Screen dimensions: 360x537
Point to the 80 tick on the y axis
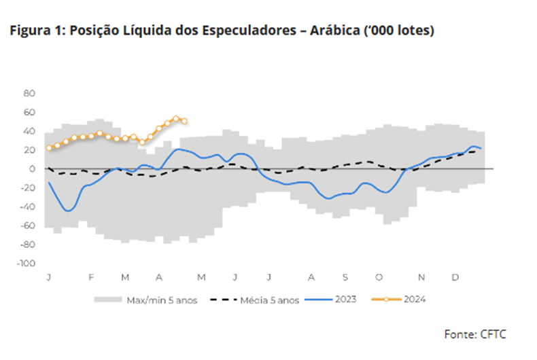[29, 92]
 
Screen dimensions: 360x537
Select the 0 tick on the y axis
[31, 168]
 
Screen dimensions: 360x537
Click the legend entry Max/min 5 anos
[162, 299]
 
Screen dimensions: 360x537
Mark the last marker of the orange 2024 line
[184, 122]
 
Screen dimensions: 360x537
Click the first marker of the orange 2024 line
[49, 147]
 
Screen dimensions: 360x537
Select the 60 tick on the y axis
[29, 111]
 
